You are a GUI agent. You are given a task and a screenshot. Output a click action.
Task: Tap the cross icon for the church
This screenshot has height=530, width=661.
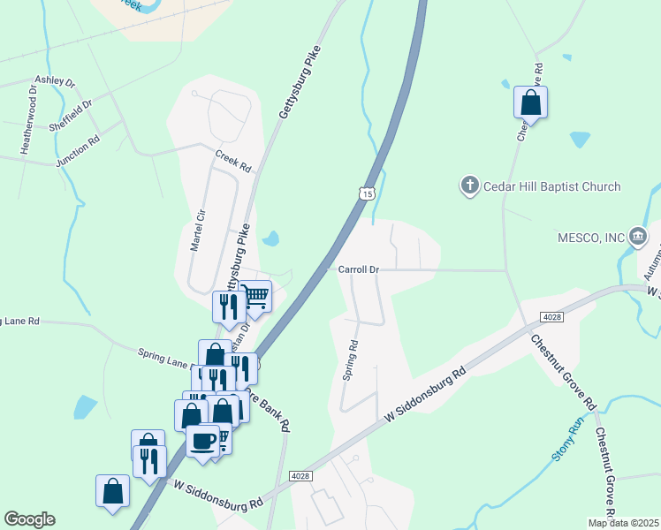point(469,185)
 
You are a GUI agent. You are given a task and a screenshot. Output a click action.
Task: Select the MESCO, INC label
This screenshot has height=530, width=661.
point(590,237)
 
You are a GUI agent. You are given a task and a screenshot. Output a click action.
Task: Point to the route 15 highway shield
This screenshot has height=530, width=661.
point(367,193)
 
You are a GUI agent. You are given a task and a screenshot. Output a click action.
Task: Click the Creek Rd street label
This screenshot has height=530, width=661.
point(233,160)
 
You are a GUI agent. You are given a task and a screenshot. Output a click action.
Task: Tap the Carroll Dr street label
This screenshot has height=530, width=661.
point(358,269)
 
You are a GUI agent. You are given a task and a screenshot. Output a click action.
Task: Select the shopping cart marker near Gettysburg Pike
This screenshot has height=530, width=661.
point(256,296)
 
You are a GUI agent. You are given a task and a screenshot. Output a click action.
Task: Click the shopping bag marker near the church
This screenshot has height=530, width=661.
point(530,102)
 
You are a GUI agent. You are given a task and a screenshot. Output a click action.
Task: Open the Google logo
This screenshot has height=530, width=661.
point(29,519)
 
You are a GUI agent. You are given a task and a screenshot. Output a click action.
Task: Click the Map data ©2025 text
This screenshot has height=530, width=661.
point(623,523)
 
